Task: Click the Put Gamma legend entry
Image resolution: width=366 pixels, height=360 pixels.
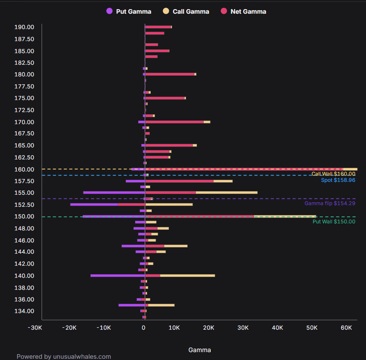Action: tap(129, 12)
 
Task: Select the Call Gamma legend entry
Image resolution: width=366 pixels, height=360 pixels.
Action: tap(186, 12)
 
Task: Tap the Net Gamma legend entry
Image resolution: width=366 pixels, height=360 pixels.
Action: tap(244, 12)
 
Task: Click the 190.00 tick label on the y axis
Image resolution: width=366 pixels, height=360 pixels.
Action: tap(24, 27)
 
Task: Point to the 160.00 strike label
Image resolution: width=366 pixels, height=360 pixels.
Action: tap(24, 169)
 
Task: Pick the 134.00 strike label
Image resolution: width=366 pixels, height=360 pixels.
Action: tap(24, 311)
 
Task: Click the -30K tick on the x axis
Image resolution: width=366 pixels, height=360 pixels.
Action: tap(35, 328)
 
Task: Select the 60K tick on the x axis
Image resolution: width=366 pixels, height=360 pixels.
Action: tap(346, 328)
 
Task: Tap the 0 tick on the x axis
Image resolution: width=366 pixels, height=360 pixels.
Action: tap(143, 328)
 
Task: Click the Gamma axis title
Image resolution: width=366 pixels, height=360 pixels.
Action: tap(200, 350)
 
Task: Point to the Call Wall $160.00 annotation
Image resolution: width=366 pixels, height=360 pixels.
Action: tap(333, 174)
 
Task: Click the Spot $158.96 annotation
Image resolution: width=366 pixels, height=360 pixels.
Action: tap(338, 180)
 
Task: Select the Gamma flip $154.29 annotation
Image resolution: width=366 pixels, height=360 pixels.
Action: tap(330, 203)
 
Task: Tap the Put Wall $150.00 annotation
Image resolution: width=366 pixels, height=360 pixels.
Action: tap(334, 221)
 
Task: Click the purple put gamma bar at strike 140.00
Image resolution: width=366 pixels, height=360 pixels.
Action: tap(118, 276)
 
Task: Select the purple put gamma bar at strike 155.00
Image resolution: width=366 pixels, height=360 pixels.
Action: tap(114, 193)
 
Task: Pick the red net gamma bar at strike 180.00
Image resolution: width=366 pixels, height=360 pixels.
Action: tap(170, 74)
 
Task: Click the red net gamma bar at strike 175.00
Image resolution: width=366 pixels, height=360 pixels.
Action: tap(165, 98)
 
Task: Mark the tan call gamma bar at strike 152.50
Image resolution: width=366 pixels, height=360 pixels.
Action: tap(169, 205)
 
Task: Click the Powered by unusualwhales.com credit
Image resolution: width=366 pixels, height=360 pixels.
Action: tap(64, 357)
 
